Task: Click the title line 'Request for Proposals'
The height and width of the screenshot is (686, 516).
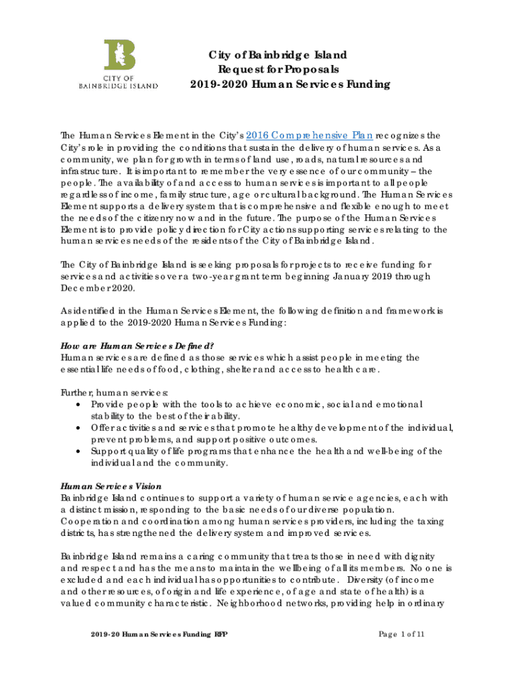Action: click(x=278, y=69)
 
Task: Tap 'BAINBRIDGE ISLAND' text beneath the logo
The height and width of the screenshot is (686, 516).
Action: click(x=119, y=86)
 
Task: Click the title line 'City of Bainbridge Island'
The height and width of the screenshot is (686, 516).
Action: click(x=278, y=54)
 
